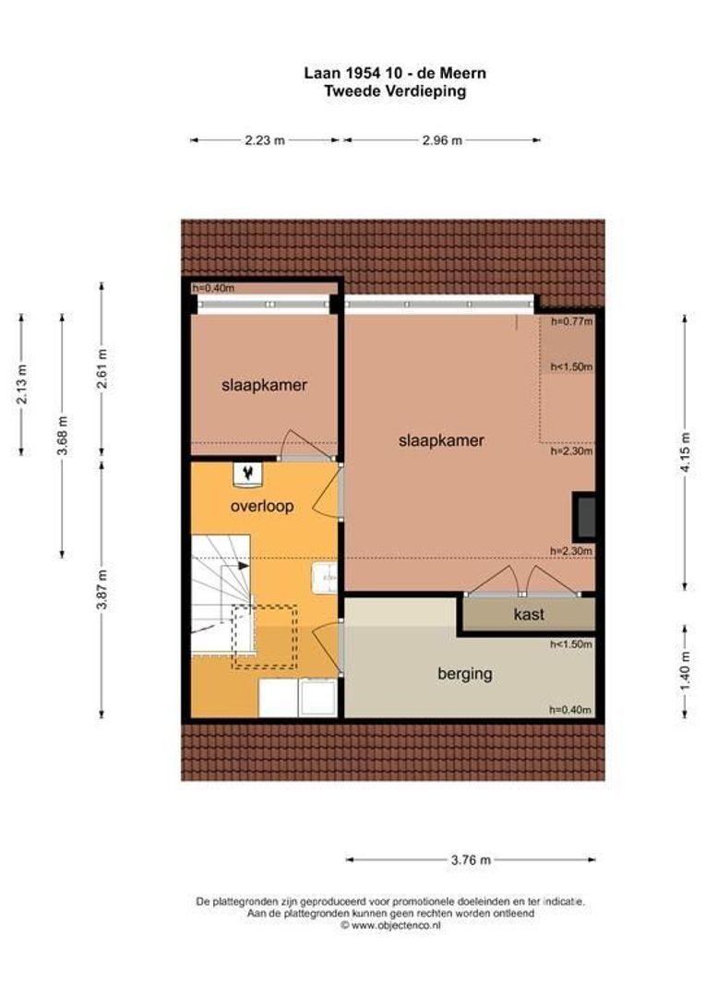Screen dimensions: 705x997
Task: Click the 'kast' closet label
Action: (529, 614)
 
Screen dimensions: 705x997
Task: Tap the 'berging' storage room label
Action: (465, 673)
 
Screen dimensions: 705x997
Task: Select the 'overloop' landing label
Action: (262, 506)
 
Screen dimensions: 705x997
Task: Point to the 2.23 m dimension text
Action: (265, 140)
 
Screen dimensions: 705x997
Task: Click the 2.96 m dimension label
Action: (442, 140)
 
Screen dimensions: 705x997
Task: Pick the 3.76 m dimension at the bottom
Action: (471, 860)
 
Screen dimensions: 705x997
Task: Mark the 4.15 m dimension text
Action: (685, 451)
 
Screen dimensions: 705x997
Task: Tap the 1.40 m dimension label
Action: (685, 671)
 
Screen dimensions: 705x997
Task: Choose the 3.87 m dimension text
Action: (102, 590)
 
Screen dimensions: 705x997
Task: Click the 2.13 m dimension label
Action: (21, 384)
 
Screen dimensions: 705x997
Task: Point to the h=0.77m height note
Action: (571, 322)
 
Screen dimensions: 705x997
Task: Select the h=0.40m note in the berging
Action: (570, 710)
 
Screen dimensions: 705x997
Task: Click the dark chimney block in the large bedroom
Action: (583, 514)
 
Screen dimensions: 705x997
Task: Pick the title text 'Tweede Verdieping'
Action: (395, 90)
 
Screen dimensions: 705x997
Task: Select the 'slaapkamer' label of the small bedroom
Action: (265, 385)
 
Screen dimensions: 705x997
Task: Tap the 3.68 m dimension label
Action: (62, 436)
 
